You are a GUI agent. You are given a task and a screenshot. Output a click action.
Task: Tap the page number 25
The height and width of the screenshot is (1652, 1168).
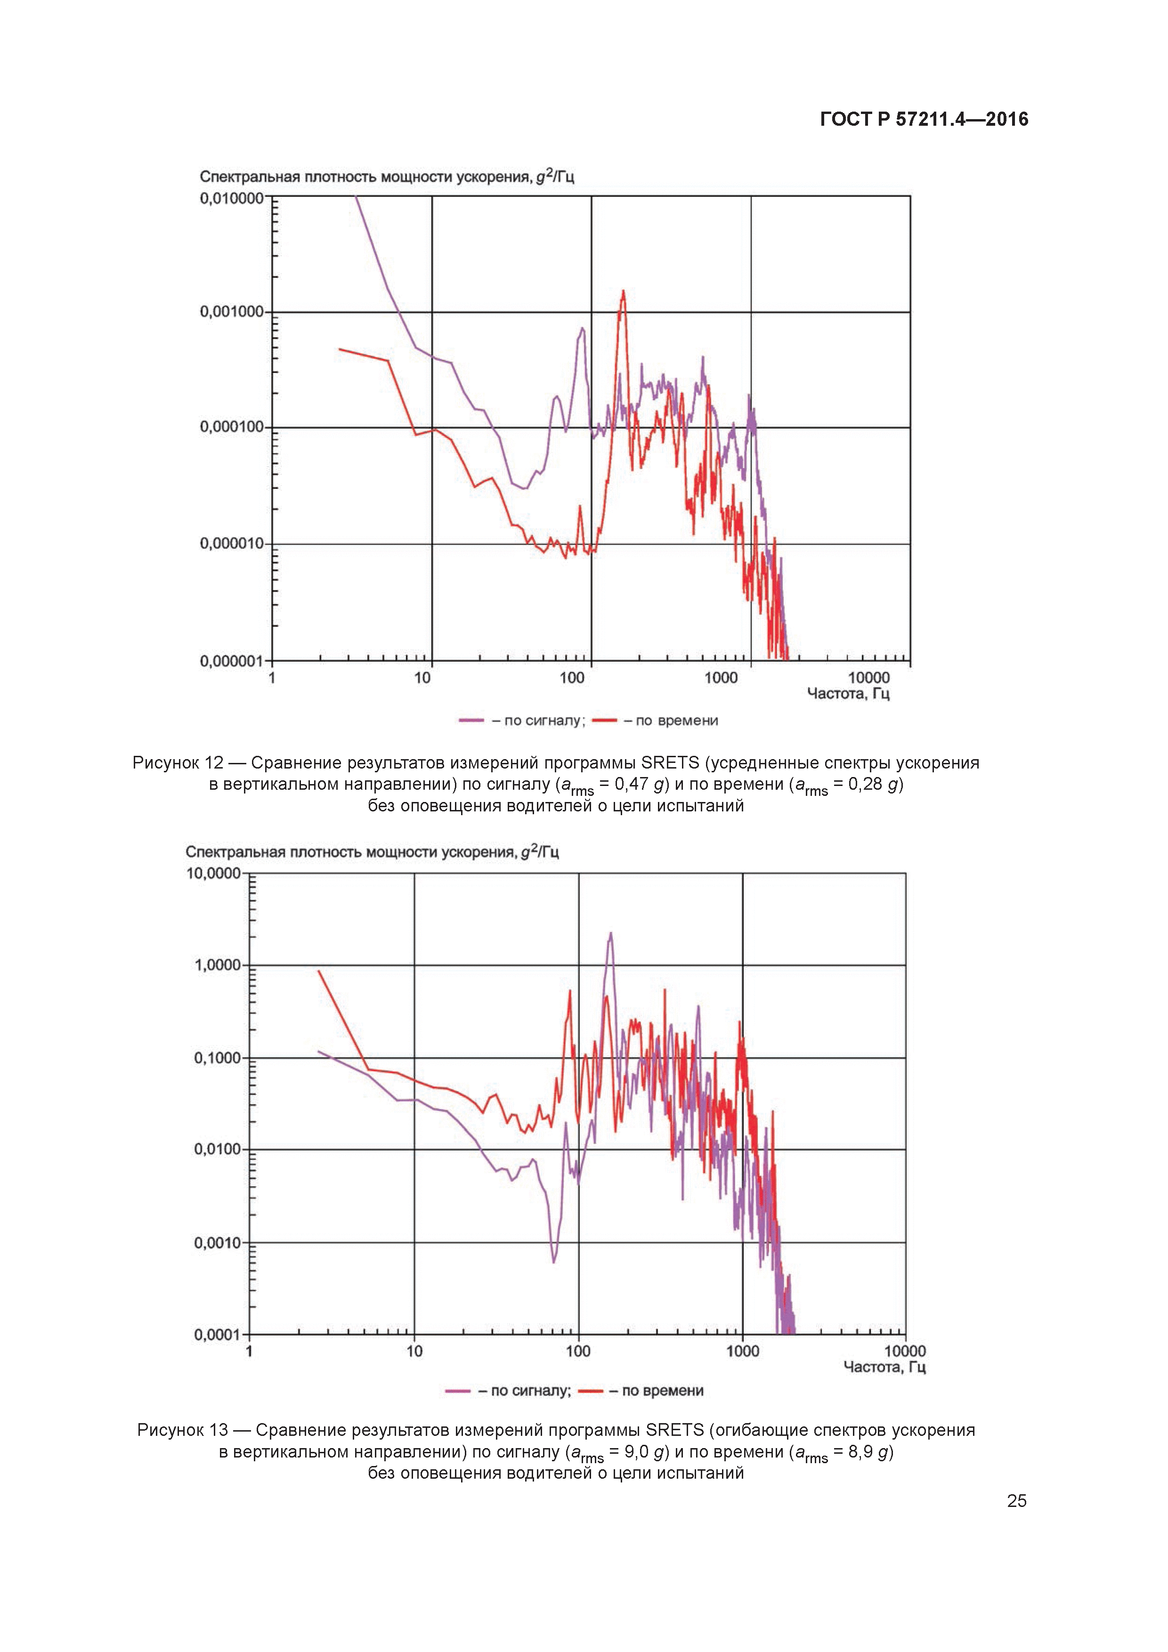point(1016,1501)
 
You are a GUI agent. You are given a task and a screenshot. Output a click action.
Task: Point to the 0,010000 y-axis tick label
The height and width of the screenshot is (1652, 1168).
point(232,198)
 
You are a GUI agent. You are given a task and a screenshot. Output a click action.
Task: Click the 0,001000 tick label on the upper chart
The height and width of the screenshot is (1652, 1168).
point(232,312)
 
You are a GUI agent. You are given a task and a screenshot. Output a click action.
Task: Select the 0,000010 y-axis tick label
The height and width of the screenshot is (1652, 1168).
point(232,543)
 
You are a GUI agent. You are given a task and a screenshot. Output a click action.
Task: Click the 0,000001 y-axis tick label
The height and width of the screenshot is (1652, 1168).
point(232,661)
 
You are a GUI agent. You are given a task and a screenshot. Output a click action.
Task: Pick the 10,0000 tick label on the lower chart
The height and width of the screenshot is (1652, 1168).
point(214,874)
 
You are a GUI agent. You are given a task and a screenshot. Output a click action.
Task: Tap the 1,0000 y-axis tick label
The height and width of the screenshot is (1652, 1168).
point(217,965)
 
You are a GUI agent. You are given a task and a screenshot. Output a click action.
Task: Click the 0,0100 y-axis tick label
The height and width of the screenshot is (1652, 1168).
point(217,1149)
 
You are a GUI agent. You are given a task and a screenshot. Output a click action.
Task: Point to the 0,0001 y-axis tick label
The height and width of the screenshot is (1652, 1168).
point(217,1335)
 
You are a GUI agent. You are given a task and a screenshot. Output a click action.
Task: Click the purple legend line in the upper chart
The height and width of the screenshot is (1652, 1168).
point(471,720)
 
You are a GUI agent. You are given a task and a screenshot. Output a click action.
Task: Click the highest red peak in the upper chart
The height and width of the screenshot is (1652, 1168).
point(623,292)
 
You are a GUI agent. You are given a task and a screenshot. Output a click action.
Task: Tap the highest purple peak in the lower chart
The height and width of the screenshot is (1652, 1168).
point(611,934)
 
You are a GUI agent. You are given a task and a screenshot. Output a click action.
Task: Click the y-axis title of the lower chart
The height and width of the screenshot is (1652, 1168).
point(372,852)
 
